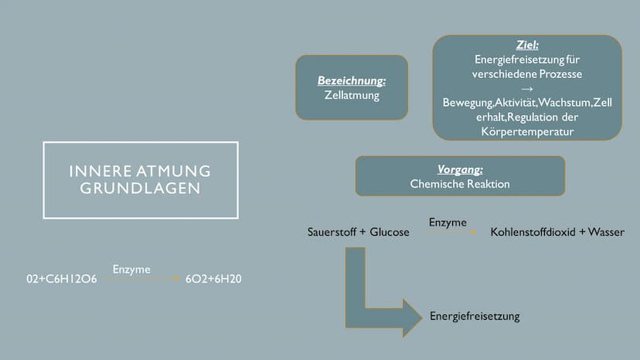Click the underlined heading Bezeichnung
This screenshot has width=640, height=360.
(x=352, y=81)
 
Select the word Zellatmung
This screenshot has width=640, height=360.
(x=352, y=95)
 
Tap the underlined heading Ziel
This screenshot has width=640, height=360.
(x=527, y=45)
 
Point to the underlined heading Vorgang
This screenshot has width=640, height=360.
(x=460, y=169)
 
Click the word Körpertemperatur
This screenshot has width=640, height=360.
(x=527, y=131)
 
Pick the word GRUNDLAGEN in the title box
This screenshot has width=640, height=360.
(x=141, y=188)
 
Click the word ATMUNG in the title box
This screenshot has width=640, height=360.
(x=173, y=171)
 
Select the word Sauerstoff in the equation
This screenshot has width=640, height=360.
(x=332, y=232)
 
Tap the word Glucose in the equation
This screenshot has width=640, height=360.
(x=390, y=232)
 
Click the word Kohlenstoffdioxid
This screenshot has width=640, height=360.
(x=533, y=232)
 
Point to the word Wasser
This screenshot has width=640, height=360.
(x=606, y=232)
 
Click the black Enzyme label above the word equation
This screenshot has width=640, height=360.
(x=448, y=222)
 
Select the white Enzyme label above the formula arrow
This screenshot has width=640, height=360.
(x=131, y=270)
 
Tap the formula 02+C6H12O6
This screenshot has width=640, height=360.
(x=62, y=279)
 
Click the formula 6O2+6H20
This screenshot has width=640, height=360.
(x=213, y=279)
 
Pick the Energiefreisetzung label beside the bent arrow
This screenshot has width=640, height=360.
(x=475, y=316)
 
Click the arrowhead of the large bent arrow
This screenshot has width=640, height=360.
(x=412, y=318)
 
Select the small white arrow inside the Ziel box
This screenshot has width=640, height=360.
(x=527, y=89)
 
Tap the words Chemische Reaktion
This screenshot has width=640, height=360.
(x=460, y=184)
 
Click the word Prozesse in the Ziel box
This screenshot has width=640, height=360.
(x=561, y=74)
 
